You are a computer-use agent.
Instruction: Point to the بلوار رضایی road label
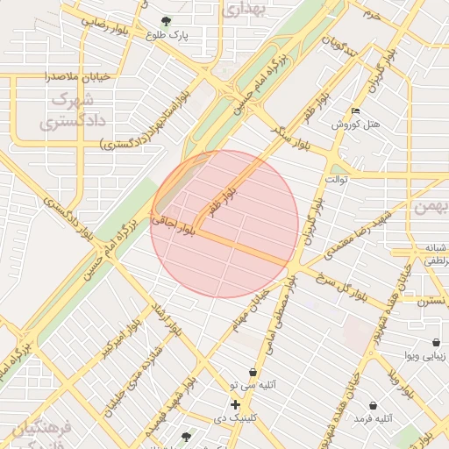coord(110,25)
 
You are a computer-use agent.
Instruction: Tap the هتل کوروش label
coord(356,125)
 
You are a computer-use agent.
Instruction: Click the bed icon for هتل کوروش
coord(355,110)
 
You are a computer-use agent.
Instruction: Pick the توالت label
coord(337,179)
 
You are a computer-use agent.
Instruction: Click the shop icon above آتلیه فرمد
coord(374,405)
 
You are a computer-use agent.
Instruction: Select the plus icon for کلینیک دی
coord(235,404)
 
